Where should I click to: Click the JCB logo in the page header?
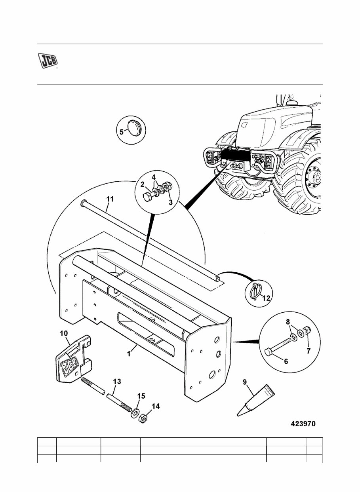[x=48, y=60]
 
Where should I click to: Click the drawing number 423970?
[x=303, y=424]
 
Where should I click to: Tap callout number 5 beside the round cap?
[x=122, y=131]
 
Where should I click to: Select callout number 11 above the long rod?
[x=110, y=199]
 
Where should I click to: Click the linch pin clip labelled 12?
[x=255, y=291]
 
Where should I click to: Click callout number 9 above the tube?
[x=244, y=382]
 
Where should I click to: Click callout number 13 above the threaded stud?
[x=117, y=382]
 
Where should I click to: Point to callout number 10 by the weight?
[x=64, y=334]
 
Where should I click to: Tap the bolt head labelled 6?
[x=268, y=352]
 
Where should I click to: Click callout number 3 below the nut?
[x=171, y=203]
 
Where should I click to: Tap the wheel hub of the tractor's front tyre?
[x=313, y=177]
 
